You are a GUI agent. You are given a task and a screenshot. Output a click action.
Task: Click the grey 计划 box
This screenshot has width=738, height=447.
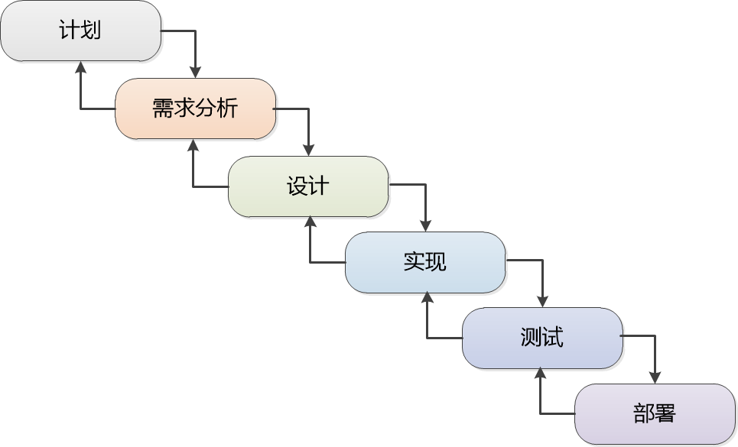80,31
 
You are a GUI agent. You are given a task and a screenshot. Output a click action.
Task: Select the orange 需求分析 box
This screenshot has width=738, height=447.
195,109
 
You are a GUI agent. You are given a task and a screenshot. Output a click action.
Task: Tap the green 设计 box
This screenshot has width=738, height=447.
308,186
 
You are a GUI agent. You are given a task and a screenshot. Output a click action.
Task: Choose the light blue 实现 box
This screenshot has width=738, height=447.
425,262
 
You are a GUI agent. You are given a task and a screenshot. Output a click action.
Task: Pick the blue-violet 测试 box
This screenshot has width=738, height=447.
542,338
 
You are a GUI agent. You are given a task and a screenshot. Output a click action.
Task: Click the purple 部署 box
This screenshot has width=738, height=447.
655,413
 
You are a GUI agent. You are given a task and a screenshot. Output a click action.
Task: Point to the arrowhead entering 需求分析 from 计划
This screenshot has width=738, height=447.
196,72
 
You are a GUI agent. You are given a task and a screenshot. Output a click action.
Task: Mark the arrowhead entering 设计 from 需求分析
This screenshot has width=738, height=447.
309,150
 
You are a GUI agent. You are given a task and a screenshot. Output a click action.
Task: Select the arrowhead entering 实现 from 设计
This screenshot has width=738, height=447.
426,225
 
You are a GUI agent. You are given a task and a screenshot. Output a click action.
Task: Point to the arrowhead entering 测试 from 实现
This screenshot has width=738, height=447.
543,301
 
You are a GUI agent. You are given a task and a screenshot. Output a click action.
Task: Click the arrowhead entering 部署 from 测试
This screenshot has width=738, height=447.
655,377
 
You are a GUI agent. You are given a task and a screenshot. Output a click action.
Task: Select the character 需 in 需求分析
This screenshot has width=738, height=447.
163,109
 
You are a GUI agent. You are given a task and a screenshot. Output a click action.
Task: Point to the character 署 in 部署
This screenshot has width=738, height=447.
665,413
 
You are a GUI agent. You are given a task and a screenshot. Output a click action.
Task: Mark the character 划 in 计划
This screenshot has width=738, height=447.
91,31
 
